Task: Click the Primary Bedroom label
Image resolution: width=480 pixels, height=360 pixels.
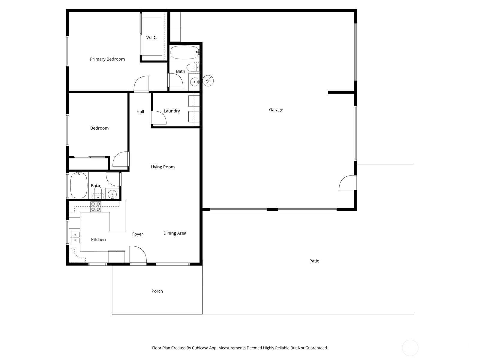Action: click(x=107, y=59)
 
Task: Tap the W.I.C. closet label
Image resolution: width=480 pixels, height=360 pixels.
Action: click(x=152, y=37)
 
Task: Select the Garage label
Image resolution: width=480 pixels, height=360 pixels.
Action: click(x=276, y=110)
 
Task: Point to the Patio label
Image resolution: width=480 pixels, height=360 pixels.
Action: click(x=314, y=261)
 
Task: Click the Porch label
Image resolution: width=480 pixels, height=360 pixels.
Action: click(x=157, y=291)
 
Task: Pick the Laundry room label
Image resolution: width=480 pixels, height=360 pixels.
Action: click(x=172, y=111)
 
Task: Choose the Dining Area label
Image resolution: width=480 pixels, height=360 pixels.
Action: click(x=175, y=233)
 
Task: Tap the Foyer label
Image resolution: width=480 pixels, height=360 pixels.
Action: click(x=137, y=234)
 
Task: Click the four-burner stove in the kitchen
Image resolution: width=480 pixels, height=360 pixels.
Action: click(x=96, y=207)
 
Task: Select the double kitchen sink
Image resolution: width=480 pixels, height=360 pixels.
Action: click(x=75, y=237)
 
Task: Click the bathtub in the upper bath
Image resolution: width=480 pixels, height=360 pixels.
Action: click(x=184, y=52)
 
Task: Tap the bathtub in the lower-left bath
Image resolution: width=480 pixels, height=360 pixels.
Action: click(x=79, y=185)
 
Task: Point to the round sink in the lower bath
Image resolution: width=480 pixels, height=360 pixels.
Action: click(x=112, y=194)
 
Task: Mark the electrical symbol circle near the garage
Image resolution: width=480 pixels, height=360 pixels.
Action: click(x=208, y=81)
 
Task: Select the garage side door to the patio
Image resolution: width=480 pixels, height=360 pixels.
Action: click(x=347, y=183)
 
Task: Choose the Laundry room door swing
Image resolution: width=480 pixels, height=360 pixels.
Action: click(x=159, y=118)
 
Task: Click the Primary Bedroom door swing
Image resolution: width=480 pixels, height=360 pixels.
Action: click(x=141, y=84)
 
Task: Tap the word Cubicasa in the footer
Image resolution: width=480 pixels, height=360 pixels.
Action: click(x=202, y=348)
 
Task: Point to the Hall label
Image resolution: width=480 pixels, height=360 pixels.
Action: click(x=140, y=112)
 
